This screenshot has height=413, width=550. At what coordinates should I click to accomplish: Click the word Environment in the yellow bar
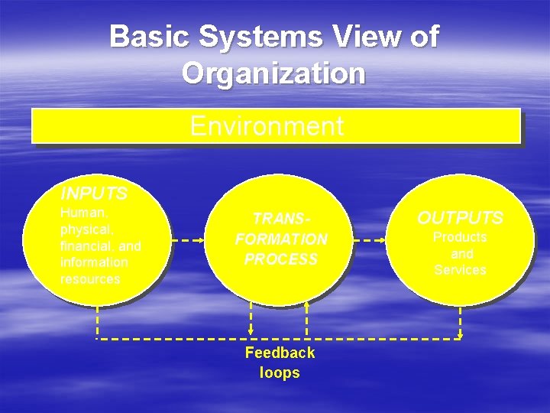[267, 126]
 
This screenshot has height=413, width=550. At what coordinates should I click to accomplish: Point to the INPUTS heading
[94, 191]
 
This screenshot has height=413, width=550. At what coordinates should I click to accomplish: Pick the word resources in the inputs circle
[90, 279]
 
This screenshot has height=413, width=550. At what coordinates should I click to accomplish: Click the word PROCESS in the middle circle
[280, 259]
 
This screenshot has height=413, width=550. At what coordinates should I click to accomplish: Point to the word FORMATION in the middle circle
[281, 239]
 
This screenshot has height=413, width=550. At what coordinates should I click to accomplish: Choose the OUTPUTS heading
[460, 218]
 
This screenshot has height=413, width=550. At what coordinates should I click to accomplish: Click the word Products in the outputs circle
[460, 237]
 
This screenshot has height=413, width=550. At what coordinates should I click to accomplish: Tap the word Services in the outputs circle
[460, 270]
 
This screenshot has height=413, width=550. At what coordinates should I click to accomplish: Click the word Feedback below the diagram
[280, 353]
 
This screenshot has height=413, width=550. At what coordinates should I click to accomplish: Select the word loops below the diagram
[280, 373]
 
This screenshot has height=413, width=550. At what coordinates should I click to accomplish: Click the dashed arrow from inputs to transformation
[188, 240]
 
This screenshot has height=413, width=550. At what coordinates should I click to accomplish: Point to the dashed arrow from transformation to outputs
[370, 240]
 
